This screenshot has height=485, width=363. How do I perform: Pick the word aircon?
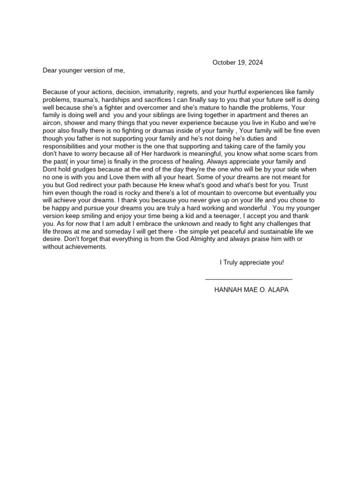(53, 122)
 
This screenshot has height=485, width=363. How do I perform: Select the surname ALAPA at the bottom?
(278, 289)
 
